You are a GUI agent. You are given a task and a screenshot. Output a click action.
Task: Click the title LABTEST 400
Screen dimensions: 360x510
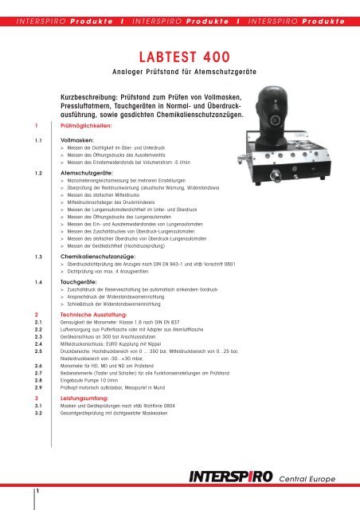[x=185, y=57]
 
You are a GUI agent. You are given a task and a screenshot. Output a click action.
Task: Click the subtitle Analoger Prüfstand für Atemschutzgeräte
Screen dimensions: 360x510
[x=185, y=72]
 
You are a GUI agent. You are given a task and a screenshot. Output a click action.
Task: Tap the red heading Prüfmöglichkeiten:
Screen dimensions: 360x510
[x=86, y=126]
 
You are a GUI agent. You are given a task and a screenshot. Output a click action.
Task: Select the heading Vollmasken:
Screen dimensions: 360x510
[x=77, y=140]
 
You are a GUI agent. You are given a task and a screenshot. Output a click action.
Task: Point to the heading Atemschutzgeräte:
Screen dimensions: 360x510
[x=87, y=174]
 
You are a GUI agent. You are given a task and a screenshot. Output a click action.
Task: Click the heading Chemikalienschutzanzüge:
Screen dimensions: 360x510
[x=98, y=257]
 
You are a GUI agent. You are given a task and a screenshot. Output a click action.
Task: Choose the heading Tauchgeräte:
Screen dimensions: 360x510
[x=79, y=282]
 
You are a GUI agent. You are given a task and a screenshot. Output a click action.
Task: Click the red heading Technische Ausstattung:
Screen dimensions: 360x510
[x=94, y=315]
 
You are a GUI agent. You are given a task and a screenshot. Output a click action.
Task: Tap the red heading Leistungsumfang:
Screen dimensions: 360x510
[x=84, y=398]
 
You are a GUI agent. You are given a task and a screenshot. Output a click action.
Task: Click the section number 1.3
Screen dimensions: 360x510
[x=38, y=257]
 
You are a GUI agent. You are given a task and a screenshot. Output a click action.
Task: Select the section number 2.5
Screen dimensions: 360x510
[x=38, y=351]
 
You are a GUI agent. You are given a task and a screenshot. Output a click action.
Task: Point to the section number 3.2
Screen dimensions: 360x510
[x=38, y=414]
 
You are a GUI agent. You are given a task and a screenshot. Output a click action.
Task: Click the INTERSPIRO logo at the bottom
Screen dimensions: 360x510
[x=231, y=477]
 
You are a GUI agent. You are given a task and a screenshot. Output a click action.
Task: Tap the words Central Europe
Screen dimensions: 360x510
[x=307, y=479]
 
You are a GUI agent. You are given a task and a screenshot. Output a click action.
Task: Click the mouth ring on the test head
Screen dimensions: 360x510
[x=275, y=120]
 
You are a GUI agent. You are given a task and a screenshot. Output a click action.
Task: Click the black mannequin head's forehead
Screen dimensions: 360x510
[x=272, y=94]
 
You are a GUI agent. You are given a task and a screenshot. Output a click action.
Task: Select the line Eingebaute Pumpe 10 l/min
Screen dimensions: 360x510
[x=89, y=381]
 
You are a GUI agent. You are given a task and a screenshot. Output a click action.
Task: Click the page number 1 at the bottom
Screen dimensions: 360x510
[x=37, y=491]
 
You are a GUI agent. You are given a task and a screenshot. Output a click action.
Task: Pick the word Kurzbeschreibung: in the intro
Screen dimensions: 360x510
[x=88, y=97]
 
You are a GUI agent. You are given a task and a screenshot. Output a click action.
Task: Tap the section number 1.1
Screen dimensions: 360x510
[x=38, y=141]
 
